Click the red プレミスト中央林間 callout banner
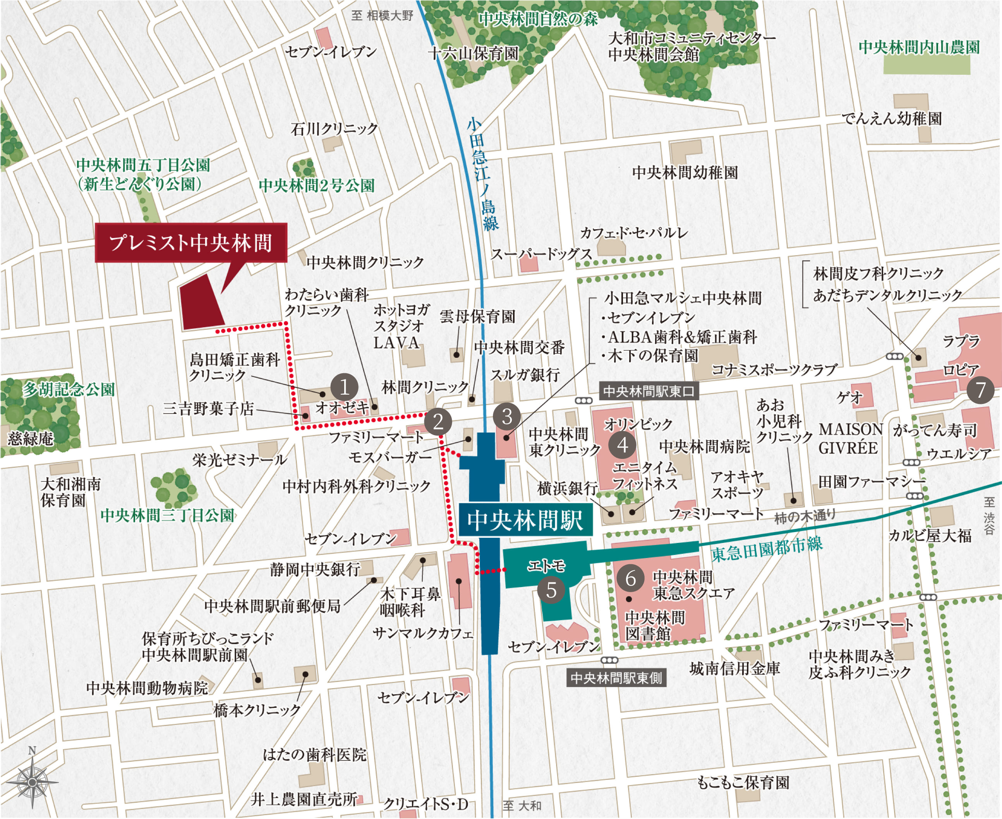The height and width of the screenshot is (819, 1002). (x=191, y=242)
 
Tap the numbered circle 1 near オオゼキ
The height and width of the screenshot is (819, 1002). (x=344, y=387)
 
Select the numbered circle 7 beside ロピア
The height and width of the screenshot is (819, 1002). (x=980, y=390)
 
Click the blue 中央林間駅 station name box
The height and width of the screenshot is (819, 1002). (x=525, y=520)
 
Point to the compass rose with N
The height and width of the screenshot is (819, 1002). (x=32, y=782)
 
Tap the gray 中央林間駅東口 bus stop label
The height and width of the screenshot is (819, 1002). (x=648, y=391)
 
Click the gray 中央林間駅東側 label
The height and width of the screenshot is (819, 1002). (x=616, y=678)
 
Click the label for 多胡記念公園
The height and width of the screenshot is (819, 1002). (x=69, y=390)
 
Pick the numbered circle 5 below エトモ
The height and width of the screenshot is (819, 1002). (x=551, y=590)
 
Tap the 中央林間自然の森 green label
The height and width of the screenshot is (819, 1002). (x=538, y=19)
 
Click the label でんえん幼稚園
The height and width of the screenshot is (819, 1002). (x=892, y=118)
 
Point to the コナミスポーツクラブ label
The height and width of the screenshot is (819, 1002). (x=774, y=370)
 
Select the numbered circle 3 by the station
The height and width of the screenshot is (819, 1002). (x=507, y=417)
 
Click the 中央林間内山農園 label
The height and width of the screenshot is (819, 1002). (x=918, y=47)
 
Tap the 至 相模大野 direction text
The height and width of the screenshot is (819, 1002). (x=382, y=15)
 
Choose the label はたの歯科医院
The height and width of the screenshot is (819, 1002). (x=315, y=755)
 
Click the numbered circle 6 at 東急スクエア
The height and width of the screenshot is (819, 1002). (x=630, y=579)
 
